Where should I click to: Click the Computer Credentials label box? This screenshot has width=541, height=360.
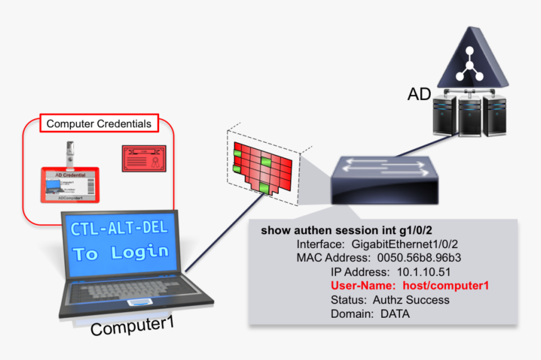pyautogui.click(x=99, y=124)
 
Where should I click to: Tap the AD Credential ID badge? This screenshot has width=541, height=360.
pyautogui.click(x=70, y=184)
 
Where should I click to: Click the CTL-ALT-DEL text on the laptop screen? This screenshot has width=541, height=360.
pyautogui.click(x=119, y=228)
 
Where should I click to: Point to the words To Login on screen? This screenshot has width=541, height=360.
pyautogui.click(x=121, y=253)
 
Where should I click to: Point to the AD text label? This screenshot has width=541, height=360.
pyautogui.click(x=419, y=94)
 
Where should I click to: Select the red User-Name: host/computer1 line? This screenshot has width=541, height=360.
pyautogui.click(x=410, y=286)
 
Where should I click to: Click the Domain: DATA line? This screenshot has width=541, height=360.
pyautogui.click(x=370, y=313)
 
